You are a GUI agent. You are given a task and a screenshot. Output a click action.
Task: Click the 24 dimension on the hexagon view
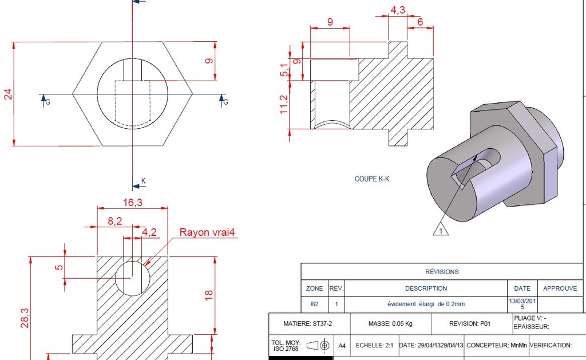(8, 94)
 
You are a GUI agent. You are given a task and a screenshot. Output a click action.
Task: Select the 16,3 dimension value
(132, 201)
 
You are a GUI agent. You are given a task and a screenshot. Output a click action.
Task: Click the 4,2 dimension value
(149, 232)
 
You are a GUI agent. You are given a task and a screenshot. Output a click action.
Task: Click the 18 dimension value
(209, 295)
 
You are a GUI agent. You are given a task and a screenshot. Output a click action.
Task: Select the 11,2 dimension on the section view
(284, 105)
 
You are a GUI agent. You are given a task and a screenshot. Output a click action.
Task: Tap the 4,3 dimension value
(398, 10)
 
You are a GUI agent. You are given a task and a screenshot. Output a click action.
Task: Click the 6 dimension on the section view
(420, 22)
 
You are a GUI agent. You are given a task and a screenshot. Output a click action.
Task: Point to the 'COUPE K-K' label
(372, 179)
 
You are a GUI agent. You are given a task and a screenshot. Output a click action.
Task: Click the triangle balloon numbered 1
(441, 231)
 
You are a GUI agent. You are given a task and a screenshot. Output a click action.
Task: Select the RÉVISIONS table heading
(442, 271)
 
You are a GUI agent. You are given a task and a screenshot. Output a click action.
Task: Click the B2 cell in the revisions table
(315, 304)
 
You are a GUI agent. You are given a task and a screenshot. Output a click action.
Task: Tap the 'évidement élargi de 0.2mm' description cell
(426, 304)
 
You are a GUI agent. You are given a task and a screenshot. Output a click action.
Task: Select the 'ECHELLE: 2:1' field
(374, 346)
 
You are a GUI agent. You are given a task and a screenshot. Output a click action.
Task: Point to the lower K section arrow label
(143, 181)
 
